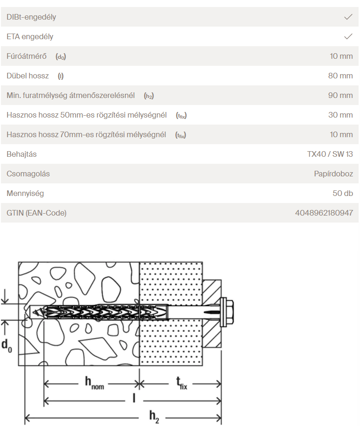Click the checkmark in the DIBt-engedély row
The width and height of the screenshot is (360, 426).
coord(348,17)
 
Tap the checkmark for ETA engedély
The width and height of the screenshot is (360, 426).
coord(348,36)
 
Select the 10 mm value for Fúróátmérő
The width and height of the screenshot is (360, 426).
coord(341,56)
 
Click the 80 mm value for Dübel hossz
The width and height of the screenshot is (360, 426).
coord(340,76)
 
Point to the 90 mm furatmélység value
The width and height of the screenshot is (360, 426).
coord(340,95)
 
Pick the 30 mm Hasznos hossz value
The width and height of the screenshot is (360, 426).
coord(340,115)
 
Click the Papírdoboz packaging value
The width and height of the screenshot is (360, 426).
coord(333,174)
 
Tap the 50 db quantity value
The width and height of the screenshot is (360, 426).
coord(342,193)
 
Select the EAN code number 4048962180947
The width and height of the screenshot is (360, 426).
coord(324,213)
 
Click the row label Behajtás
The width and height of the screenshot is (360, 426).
coord(21,154)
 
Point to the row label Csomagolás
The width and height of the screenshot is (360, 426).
coord(28,174)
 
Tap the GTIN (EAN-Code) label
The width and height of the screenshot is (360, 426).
coord(36,213)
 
